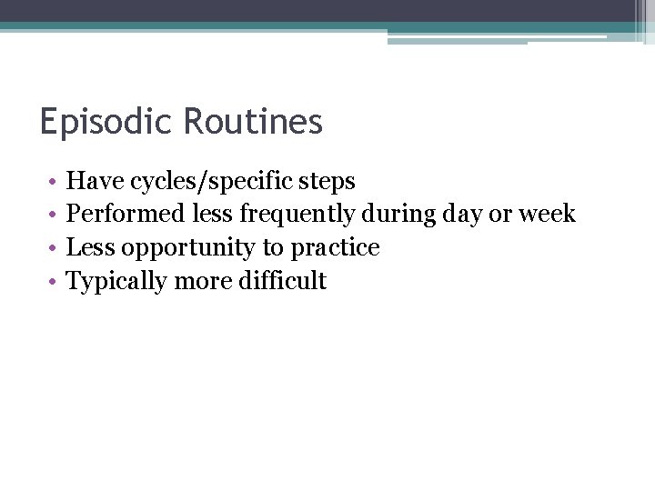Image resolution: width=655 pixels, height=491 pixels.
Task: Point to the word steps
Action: point(328,182)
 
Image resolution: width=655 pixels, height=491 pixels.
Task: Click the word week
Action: point(547,215)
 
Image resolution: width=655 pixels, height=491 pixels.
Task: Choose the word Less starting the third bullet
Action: point(92,247)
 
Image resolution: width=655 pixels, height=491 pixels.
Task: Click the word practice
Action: point(335,248)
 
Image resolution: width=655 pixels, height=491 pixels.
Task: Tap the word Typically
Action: point(117,282)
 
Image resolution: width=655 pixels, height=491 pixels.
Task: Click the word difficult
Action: point(282,281)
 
